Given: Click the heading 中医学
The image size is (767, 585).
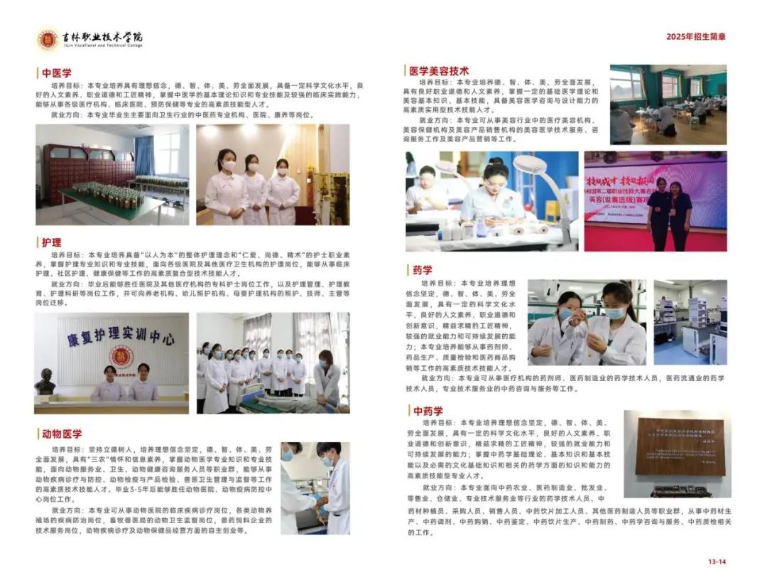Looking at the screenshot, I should coord(57,73).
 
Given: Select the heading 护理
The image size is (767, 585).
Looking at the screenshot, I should coord(52,242).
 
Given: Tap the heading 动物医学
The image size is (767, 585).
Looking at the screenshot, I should coord(61,434).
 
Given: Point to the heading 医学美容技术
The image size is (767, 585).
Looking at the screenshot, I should coord(438,71).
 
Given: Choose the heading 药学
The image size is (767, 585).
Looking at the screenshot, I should coord(422,270).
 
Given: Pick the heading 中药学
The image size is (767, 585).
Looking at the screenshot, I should coord(428,411).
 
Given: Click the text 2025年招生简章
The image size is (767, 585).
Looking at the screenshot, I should coord(696,37).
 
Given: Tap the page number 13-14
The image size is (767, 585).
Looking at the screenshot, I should coord(717,562).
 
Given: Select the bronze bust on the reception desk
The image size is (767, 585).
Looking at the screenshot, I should coord(45,382).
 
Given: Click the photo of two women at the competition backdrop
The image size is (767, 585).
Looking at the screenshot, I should coord(656,200).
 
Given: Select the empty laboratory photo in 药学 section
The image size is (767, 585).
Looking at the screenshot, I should coord(690,322).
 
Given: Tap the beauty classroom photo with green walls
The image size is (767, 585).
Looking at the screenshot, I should coord(668,104).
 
